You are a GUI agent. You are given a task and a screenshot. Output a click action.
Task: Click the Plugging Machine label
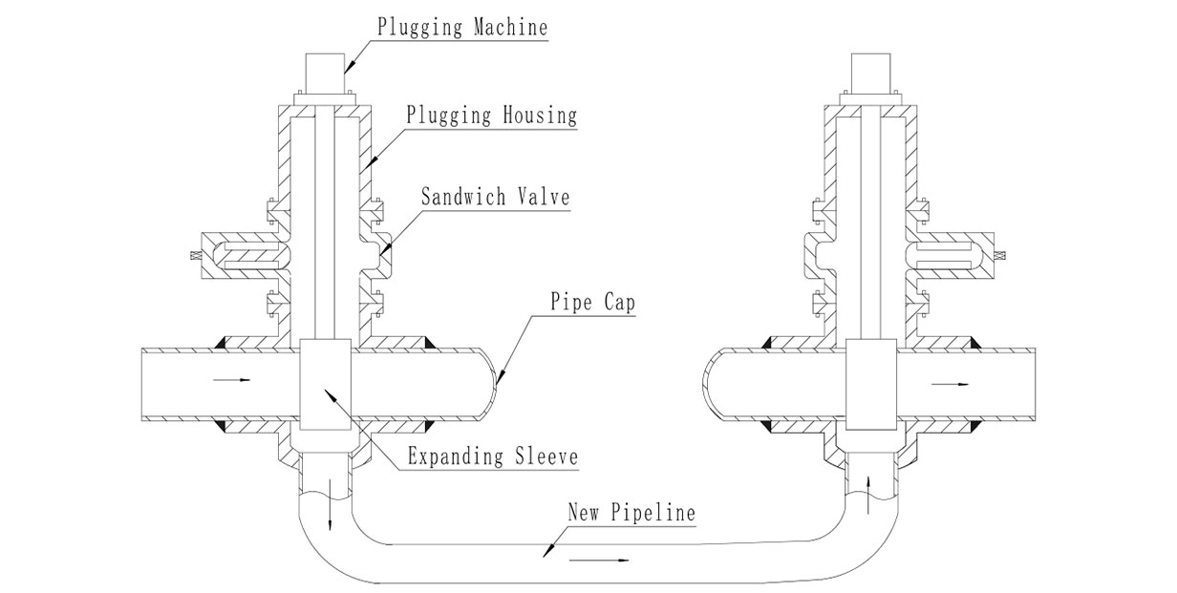(462, 26)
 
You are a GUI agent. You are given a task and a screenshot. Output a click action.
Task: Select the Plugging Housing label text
(491, 116)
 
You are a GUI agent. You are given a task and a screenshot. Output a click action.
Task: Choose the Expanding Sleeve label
(493, 455)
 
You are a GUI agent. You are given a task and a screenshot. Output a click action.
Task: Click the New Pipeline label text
(631, 512)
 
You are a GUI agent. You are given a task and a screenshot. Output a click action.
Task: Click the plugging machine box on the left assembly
(322, 73)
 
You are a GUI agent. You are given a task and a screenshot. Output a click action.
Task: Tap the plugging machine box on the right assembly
(872, 73)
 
